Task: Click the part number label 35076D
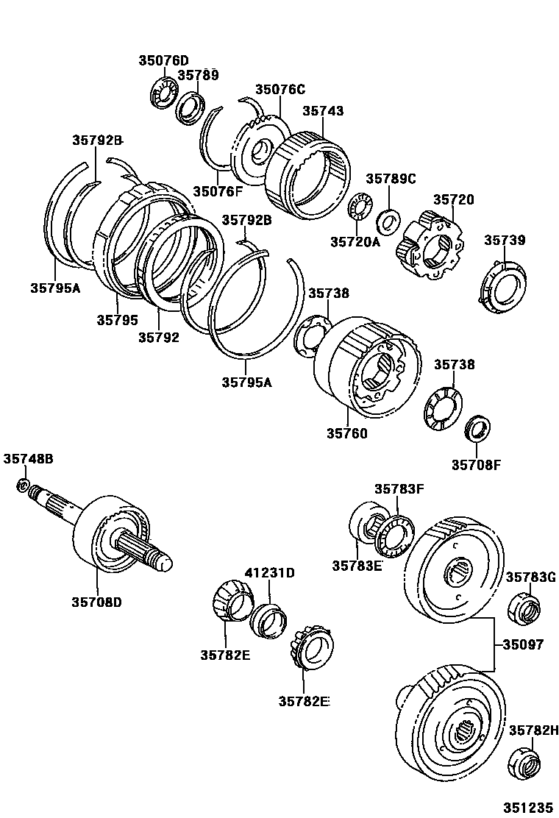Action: tap(163, 60)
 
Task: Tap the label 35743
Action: tap(323, 111)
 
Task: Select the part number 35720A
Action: tap(355, 241)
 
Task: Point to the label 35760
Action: tap(347, 433)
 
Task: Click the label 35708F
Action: tap(476, 464)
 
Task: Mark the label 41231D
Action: tap(269, 572)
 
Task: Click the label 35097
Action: tap(523, 644)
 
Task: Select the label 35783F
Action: tap(399, 488)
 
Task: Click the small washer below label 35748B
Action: tap(24, 485)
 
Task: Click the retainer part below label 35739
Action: tap(505, 289)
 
